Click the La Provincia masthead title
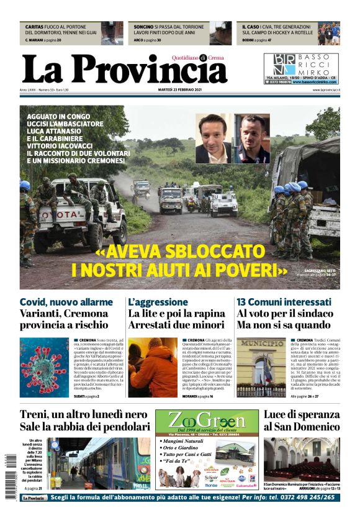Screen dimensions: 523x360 pyautogui.click(x=124, y=69)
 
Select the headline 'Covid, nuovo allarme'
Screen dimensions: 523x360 pyautogui.click(x=66, y=302)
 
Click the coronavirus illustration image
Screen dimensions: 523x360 pyautogui.click(x=43, y=367)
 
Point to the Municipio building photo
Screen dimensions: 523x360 pyautogui.click(x=261, y=367)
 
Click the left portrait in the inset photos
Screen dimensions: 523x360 pyautogui.click(x=212, y=138)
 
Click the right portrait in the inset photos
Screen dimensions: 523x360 pyautogui.click(x=252, y=139)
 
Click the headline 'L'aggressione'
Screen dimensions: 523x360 pyautogui.click(x=158, y=302)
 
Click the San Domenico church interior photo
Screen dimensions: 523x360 pyautogui.click(x=302, y=460)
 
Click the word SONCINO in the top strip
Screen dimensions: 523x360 pyautogui.click(x=143, y=27)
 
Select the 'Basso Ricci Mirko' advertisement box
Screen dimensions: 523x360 pyautogui.click(x=301, y=68)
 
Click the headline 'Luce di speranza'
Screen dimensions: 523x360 pyautogui.click(x=302, y=414)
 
